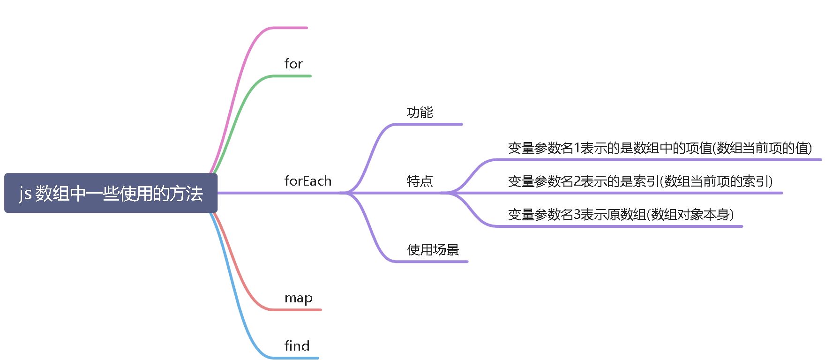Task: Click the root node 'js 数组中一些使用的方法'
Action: coord(111,193)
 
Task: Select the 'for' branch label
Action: coord(293,64)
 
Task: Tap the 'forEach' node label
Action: coord(307,181)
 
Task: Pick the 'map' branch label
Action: coord(298,298)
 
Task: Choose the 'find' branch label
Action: coord(297,346)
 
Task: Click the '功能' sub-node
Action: coord(420,112)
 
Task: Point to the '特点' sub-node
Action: coord(420,181)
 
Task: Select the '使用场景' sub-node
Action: coord(433,250)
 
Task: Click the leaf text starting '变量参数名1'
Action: coord(660,148)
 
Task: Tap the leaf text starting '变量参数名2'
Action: coord(640,181)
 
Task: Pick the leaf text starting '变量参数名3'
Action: coord(620,215)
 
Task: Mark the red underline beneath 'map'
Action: coord(298,310)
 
